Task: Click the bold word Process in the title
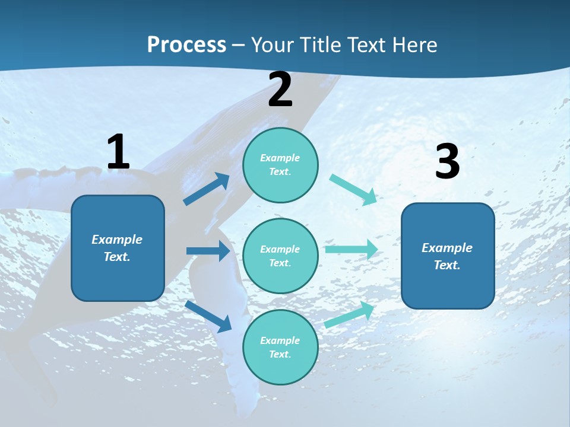pos(186,44)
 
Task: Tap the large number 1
pos(118,152)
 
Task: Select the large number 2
pos(280,90)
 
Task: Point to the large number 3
pos(447,162)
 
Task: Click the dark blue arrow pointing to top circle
pos(207,189)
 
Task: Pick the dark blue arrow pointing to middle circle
pos(208,251)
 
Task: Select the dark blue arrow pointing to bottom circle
pos(208,316)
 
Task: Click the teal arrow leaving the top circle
pos(353,190)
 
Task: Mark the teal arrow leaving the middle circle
pos(351,249)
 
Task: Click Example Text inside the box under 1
pos(117,248)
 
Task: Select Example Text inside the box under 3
pos(447,256)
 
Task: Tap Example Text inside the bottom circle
pos(280,347)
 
